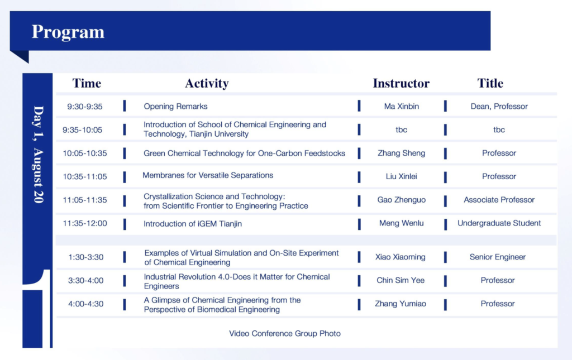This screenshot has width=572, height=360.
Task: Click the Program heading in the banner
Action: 68,32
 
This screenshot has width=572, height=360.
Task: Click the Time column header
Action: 87,83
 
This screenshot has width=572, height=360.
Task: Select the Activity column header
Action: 207,84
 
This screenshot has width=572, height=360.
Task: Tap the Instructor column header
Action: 401,83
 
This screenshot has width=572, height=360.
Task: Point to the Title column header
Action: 490,83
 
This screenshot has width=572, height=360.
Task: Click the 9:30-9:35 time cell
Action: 85,107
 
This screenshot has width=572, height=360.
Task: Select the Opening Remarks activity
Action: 175,107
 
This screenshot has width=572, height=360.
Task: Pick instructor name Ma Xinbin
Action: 401,107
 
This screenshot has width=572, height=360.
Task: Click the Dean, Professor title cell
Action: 499,107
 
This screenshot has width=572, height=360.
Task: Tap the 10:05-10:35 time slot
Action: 85,153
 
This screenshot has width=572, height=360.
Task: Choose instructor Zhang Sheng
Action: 401,153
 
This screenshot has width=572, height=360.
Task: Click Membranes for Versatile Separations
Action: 208,175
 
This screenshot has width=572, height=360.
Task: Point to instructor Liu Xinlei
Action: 401,177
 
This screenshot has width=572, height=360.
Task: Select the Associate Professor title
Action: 499,200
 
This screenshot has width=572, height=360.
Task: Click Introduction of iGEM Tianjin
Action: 193,224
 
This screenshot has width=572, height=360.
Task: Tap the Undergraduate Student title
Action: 499,223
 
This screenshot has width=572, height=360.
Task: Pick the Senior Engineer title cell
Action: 498,257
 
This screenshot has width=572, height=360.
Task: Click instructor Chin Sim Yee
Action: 401,281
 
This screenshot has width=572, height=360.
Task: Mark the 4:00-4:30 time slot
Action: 85,304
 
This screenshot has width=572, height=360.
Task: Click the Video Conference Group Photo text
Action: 285,334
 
